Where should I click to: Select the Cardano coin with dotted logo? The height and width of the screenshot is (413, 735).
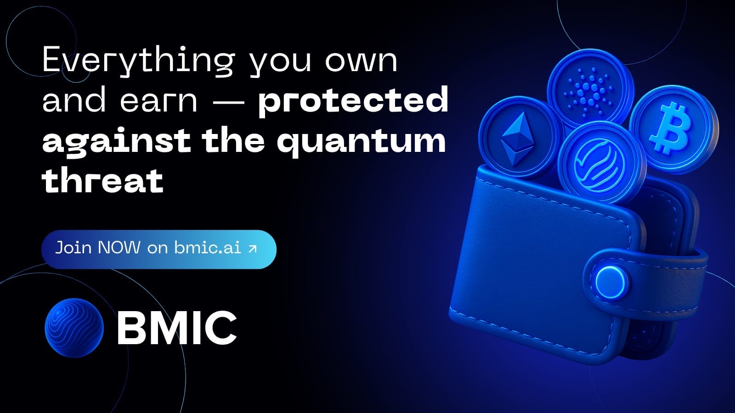point(590,88)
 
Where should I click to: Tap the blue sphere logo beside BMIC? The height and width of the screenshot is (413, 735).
point(74,328)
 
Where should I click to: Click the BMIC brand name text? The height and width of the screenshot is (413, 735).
point(177,328)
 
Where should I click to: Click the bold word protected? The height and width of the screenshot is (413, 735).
point(353,101)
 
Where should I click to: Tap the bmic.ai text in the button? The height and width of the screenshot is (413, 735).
point(207,248)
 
